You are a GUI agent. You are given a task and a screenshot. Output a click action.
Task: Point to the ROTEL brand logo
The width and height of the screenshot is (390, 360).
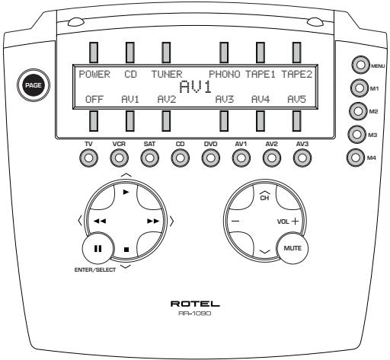coord(195,302)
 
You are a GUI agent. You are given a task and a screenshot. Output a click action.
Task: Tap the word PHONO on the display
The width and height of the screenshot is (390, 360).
coord(225,75)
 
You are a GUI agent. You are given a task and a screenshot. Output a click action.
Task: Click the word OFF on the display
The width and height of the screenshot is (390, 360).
coord(94,99)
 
